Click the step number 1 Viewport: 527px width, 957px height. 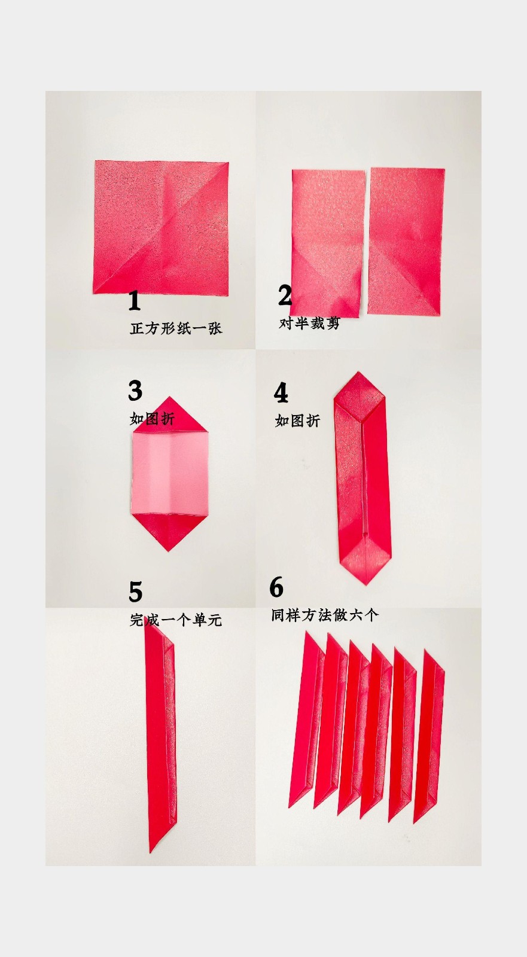point(134,301)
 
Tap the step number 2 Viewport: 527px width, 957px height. point(285,295)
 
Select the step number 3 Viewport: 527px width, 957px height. point(135,391)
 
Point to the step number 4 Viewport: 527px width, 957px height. point(281,393)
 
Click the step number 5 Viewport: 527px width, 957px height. point(136,592)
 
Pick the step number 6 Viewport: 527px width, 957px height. point(276,587)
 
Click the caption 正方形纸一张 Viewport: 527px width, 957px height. point(176,328)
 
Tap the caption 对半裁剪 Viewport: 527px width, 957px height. point(309,324)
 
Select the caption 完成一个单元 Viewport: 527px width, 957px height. point(176,620)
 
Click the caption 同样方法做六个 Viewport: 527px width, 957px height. point(325,615)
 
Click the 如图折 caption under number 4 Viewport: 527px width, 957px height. point(297,421)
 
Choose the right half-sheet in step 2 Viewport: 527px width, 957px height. point(407,241)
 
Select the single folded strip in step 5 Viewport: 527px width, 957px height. point(161,736)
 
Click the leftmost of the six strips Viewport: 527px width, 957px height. point(306,718)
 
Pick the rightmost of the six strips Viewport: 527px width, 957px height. point(429,736)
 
